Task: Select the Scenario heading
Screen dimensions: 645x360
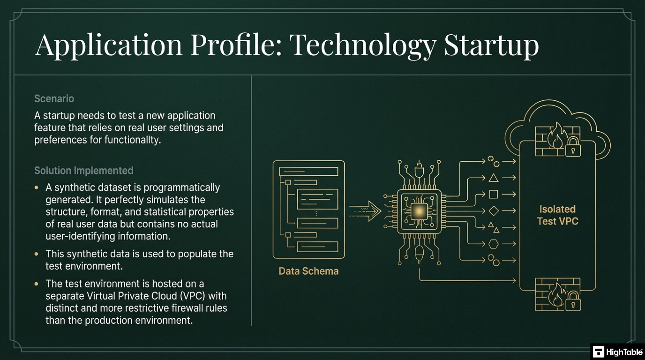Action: [54, 99]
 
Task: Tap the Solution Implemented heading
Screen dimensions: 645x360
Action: [84, 170]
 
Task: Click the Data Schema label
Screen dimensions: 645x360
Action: [309, 271]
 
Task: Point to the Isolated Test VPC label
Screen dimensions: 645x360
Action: [557, 215]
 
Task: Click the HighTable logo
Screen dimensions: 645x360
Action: [618, 352]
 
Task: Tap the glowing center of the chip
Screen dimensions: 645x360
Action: [419, 211]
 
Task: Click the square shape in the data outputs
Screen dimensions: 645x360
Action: [494, 194]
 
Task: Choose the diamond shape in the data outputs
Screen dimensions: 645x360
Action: [494, 211]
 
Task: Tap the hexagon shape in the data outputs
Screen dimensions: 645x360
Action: [494, 244]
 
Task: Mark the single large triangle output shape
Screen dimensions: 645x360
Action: [494, 178]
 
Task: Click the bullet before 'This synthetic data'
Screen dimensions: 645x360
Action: [37, 254]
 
